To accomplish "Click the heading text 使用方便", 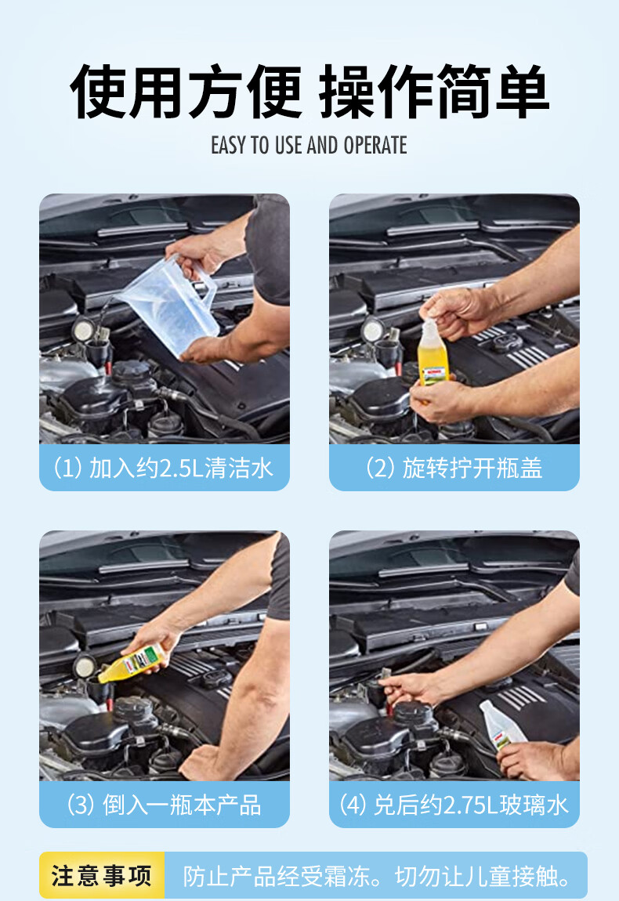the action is (x=186, y=92).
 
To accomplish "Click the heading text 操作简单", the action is (x=434, y=92).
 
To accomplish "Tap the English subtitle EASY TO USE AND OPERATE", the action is (x=309, y=146).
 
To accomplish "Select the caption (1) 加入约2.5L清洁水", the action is (x=163, y=468).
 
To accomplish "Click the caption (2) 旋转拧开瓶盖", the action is (x=454, y=468).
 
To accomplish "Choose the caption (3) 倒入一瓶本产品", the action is (x=165, y=805).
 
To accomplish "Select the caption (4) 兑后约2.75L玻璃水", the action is (x=454, y=805).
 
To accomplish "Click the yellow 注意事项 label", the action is (x=101, y=876).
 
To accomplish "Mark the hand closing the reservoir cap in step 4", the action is (x=408, y=687).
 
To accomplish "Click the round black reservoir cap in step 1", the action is (x=133, y=371).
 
